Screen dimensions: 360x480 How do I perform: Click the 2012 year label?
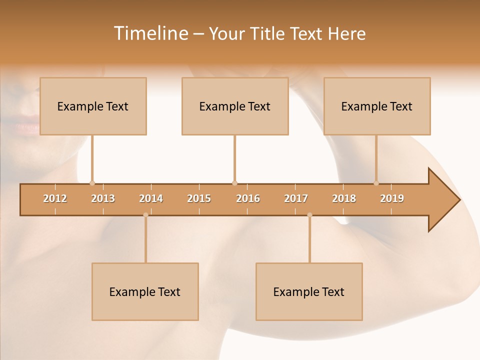pyautogui.click(x=55, y=198)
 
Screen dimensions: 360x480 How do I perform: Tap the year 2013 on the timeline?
pyautogui.click(x=103, y=198)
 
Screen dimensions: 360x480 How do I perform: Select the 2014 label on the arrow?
pyautogui.click(x=151, y=198)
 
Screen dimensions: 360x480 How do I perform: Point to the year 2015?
pyautogui.click(x=199, y=198)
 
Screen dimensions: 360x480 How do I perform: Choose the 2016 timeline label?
pyautogui.click(x=248, y=198)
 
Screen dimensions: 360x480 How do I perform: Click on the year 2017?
pyautogui.click(x=296, y=198)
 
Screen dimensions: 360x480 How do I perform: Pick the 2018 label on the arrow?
pyautogui.click(x=344, y=198)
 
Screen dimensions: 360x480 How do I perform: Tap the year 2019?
pyautogui.click(x=392, y=198)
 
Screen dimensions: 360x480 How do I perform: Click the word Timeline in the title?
pyautogui.click(x=150, y=33)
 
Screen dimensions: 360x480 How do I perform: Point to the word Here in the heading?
pyautogui.click(x=346, y=33)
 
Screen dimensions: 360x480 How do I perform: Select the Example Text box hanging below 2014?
pyautogui.click(x=145, y=291)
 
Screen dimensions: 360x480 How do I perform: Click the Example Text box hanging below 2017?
pyautogui.click(x=309, y=291)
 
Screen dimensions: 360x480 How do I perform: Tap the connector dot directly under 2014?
pyautogui.click(x=145, y=215)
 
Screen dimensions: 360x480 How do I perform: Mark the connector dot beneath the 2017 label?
pyautogui.click(x=309, y=215)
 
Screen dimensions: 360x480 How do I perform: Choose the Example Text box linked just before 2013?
pyautogui.click(x=93, y=106)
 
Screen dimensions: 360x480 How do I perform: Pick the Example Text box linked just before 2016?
pyautogui.click(x=235, y=106)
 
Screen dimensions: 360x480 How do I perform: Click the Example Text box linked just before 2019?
pyautogui.click(x=377, y=106)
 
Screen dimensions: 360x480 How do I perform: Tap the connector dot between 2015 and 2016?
pyautogui.click(x=234, y=183)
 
